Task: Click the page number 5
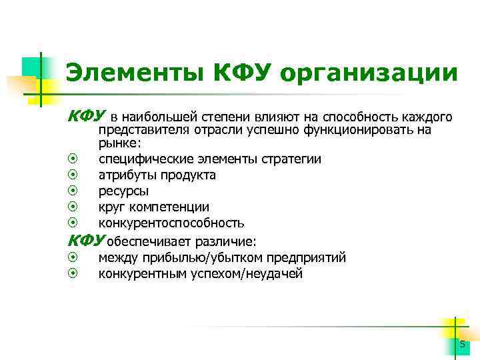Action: pyautogui.click(x=462, y=343)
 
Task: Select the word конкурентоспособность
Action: pyautogui.click(x=171, y=223)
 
